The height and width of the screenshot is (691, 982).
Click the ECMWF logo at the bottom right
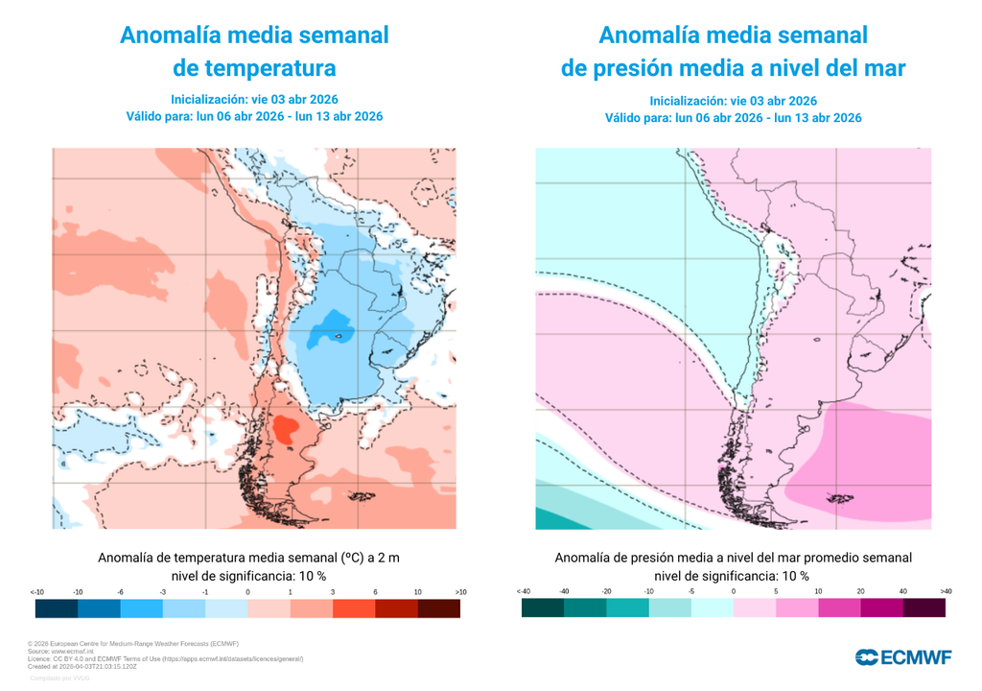pos(903,657)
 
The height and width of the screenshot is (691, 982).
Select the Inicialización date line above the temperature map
pos(254,99)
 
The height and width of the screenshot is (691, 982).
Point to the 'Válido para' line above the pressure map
pos(733,118)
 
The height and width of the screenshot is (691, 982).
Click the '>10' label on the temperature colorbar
pos(460,592)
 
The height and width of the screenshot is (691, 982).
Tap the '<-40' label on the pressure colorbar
pos(523,592)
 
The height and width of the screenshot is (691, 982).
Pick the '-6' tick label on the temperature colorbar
pos(121,592)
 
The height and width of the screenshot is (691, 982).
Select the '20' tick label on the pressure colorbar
pos(860,592)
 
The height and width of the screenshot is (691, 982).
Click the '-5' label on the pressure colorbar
pos(691,592)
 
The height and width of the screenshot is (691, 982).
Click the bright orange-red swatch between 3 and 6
pos(354,608)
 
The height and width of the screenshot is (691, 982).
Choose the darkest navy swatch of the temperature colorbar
pos(57,608)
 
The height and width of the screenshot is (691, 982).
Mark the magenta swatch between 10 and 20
pos(839,608)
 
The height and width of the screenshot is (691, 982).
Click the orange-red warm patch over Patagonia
pos(284,429)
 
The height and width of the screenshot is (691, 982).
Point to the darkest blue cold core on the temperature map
pos(337,324)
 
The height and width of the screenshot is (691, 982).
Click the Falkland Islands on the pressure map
pos(840,497)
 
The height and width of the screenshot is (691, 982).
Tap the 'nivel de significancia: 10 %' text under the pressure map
pos(732,576)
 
